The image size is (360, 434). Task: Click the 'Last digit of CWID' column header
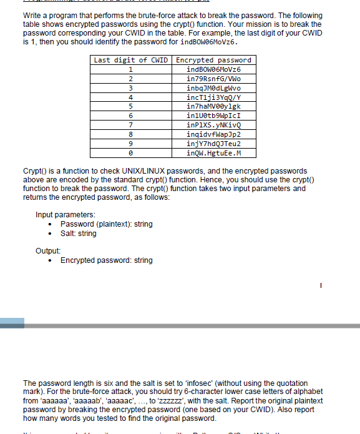[130, 60]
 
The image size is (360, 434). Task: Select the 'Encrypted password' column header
[213, 60]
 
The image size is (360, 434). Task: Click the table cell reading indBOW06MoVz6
[213, 69]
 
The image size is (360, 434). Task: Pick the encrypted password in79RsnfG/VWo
[213, 79]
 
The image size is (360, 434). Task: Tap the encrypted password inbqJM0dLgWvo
[213, 88]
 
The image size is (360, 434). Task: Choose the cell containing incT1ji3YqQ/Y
[213, 97]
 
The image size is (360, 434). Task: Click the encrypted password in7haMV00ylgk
[213, 106]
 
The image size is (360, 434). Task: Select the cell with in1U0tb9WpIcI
[213, 116]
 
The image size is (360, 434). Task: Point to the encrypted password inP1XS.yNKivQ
[213, 125]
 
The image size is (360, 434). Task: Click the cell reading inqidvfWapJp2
[213, 134]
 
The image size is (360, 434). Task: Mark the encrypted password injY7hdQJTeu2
[213, 144]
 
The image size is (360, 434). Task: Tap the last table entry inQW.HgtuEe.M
[213, 153]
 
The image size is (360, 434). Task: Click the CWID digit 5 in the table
[130, 106]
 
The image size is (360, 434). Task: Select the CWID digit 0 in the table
[130, 153]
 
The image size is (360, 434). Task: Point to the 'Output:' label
[48, 251]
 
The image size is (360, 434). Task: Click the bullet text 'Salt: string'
[78, 234]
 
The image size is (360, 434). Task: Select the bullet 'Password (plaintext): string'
[106, 224]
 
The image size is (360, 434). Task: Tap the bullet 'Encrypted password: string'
[106, 260]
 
